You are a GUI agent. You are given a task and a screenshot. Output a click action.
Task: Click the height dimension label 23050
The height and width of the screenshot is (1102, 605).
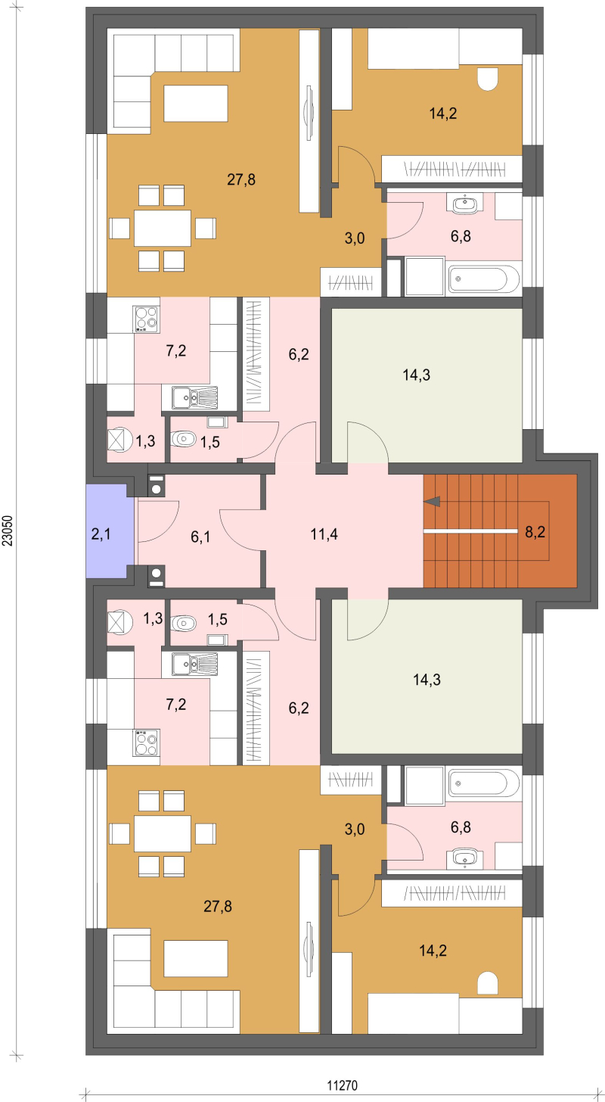tap(7, 531)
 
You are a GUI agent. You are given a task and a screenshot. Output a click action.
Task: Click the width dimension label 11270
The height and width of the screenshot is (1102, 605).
tap(342, 1085)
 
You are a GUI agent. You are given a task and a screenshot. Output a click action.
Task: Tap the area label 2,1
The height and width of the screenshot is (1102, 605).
tap(101, 534)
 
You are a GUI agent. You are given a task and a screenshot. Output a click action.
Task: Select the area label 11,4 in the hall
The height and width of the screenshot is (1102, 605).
tap(324, 534)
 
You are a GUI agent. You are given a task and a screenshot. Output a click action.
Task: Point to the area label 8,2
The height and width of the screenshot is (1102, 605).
tap(535, 532)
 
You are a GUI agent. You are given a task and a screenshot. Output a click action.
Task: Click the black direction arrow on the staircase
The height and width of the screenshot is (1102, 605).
tap(433, 502)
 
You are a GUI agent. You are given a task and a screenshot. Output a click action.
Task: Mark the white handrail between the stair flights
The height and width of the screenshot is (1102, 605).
tap(470, 532)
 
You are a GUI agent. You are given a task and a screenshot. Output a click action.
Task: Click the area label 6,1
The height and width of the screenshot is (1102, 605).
tap(200, 536)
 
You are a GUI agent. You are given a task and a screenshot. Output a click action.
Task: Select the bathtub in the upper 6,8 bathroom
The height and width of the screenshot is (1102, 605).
tap(484, 279)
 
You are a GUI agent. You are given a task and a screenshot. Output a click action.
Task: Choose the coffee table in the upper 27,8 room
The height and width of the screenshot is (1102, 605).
tap(196, 103)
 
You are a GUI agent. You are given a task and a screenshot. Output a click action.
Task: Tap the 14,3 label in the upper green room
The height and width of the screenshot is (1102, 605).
tap(416, 375)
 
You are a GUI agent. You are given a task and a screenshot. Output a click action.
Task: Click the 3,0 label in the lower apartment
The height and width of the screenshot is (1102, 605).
tap(355, 829)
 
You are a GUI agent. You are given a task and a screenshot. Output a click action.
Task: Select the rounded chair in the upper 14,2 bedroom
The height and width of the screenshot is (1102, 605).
tap(488, 79)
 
